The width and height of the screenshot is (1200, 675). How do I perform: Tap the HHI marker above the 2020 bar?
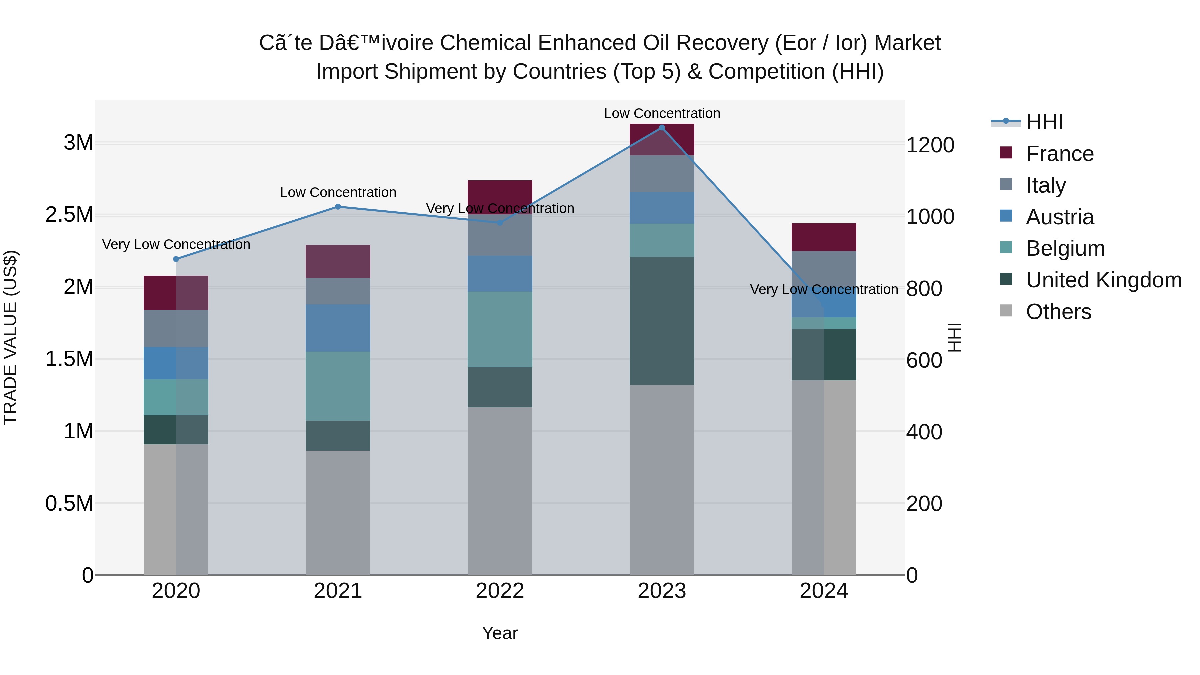176,259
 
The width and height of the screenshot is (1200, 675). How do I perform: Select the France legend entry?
1059,154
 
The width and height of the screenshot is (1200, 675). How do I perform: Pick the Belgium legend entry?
1065,248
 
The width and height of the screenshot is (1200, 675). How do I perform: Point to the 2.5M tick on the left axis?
69,215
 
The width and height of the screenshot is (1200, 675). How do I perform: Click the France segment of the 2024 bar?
824,237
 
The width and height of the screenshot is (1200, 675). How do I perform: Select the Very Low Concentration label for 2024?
824,289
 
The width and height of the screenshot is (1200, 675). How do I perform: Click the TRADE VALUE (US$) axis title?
10,337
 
